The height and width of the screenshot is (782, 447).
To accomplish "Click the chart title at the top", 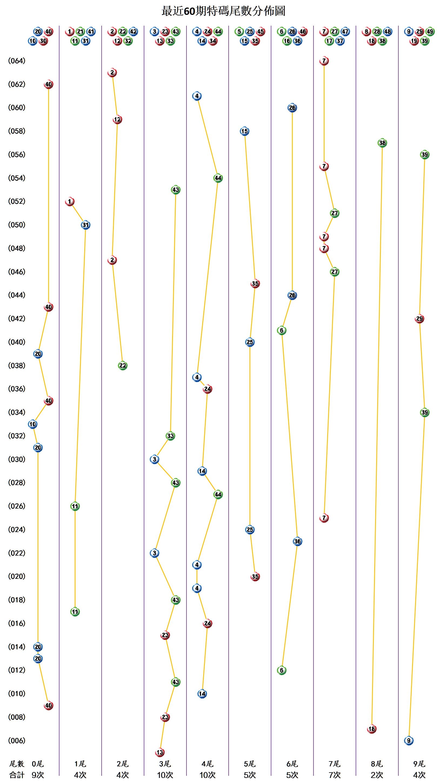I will (223, 11).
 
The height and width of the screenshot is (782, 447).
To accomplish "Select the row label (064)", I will (16, 61).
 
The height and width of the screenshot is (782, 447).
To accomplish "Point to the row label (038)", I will (16, 366).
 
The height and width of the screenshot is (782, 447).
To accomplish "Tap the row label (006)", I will (16, 741).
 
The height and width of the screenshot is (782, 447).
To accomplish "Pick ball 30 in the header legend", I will (43, 41).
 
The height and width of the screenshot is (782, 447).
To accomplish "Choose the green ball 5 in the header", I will (239, 32).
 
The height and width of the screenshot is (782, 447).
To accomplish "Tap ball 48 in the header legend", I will (388, 32).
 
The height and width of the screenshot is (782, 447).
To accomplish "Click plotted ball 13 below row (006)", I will (160, 752).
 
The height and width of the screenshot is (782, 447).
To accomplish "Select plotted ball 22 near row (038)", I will (122, 366).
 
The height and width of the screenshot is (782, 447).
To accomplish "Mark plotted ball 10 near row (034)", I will (32, 424).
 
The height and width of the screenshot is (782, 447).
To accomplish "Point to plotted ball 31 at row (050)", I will (85, 225).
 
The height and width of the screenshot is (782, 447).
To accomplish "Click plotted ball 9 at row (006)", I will (409, 741).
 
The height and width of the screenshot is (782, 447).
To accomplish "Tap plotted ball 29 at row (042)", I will (419, 319).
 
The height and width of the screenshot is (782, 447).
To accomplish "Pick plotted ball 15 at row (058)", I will (244, 131).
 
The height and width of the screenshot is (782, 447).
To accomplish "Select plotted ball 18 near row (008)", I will (372, 729).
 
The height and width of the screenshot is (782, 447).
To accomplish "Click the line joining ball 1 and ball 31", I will (78, 213).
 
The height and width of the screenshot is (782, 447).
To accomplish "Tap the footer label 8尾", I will (377, 764).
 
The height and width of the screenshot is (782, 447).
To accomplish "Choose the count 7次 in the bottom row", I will (334, 775).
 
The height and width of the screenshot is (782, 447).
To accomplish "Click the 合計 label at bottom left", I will (16, 775).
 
